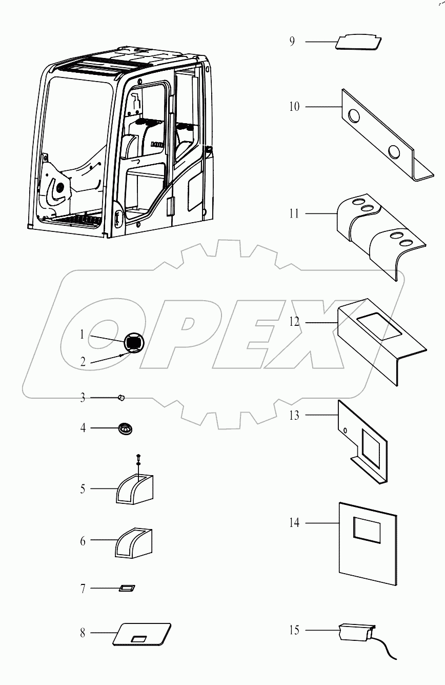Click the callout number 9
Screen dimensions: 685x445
(292, 42)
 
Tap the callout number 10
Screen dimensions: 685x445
(294, 107)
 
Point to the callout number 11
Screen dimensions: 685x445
(294, 213)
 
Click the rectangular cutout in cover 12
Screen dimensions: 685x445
(379, 327)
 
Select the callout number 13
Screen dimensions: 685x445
(294, 416)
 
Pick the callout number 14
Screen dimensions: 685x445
(294, 523)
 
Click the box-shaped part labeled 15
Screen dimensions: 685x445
(354, 632)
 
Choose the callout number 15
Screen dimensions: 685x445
(294, 630)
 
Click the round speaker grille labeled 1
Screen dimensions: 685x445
(133, 341)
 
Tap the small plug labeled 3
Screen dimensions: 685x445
(122, 397)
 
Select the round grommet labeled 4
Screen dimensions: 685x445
(125, 427)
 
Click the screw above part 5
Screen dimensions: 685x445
(138, 458)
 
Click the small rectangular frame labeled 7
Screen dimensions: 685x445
(126, 588)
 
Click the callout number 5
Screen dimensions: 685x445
(83, 488)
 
